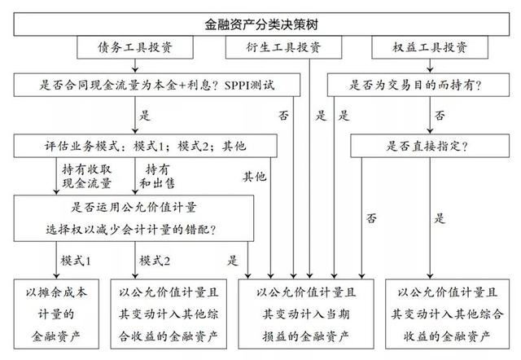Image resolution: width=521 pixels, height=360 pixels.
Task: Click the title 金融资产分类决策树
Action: click(261, 24)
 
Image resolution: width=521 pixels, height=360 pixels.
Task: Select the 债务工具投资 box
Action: click(135, 47)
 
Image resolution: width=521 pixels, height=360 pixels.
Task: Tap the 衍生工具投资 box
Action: click(283, 47)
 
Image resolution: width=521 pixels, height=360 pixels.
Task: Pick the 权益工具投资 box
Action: click(430, 47)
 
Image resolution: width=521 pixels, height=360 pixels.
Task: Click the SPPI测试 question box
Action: click(157, 85)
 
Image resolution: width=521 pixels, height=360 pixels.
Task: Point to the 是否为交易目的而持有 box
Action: click(418, 85)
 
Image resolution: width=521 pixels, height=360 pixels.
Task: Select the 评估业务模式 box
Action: click(145, 146)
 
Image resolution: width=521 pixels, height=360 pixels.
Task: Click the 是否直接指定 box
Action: click(430, 146)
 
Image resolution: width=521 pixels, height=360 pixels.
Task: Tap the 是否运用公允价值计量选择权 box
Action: click(134, 218)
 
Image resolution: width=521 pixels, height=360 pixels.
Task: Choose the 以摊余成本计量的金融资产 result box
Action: click(56, 314)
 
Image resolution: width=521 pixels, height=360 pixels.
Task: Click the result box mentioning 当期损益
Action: click(306, 314)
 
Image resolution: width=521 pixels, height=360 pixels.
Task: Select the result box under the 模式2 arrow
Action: click(169, 314)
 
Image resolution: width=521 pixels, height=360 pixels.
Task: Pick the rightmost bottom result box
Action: click(447, 314)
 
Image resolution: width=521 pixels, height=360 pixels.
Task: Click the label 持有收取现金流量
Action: click(87, 176)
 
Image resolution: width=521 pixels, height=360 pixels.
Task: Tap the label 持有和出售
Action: click(157, 176)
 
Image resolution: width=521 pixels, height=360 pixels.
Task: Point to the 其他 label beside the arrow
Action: click(255, 176)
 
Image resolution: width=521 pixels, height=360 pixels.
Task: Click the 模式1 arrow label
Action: click(76, 261)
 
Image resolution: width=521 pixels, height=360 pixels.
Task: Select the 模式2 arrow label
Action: click(155, 261)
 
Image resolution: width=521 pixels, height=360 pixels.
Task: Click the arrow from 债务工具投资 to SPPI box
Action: click(135, 66)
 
